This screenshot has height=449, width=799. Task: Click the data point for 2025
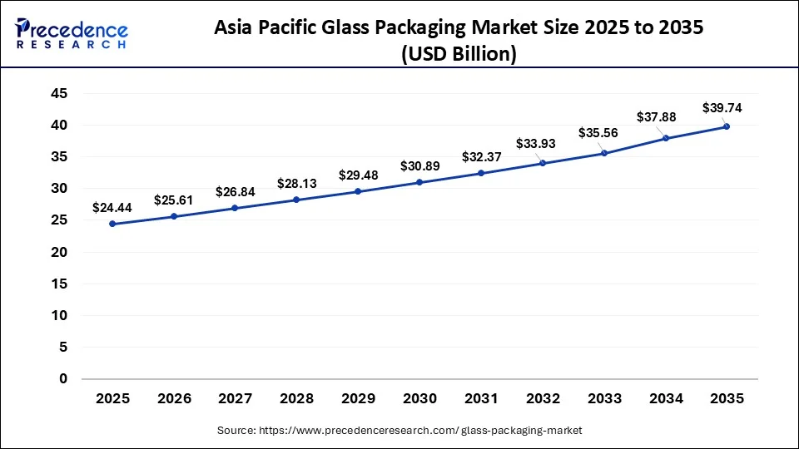[x=112, y=224]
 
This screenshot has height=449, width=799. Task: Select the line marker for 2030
[x=419, y=182]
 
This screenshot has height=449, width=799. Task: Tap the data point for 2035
[x=727, y=126]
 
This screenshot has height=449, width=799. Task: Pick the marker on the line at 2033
[x=603, y=153]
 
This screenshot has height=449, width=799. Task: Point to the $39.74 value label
[x=722, y=107]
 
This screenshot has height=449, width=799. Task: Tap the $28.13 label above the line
[x=296, y=182]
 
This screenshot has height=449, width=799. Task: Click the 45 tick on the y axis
[x=58, y=94]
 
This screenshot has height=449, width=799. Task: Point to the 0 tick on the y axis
[x=62, y=379]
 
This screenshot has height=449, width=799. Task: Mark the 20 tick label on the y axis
[x=58, y=252]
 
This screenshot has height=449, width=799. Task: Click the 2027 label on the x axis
[x=236, y=398]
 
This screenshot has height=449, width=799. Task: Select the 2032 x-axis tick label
[x=543, y=398]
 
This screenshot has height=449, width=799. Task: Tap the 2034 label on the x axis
[x=665, y=398]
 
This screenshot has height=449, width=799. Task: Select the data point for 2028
[x=296, y=200]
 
